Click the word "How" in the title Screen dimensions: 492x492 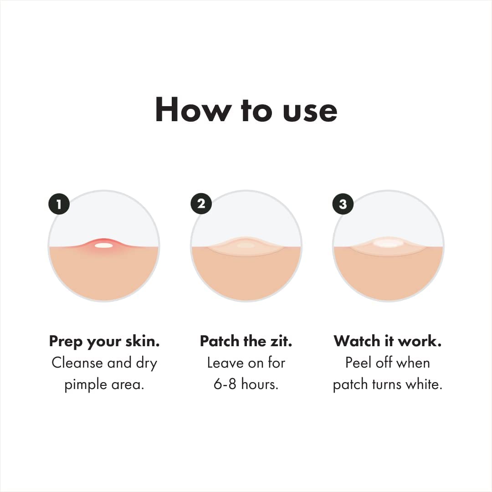click(191, 110)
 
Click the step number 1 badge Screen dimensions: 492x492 click(59, 203)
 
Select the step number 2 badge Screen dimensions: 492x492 click(201, 203)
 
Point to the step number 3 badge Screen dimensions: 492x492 click(343, 204)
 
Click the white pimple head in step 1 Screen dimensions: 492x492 click(104, 246)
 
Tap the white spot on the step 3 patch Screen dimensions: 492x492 click(388, 243)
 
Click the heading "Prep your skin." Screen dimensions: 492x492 click(104, 341)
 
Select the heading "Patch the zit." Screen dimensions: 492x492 click(246, 341)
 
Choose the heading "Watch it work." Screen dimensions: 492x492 click(388, 341)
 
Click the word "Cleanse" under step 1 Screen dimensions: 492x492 click(77, 363)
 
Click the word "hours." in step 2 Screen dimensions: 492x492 click(260, 384)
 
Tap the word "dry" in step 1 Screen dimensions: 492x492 click(145, 364)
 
